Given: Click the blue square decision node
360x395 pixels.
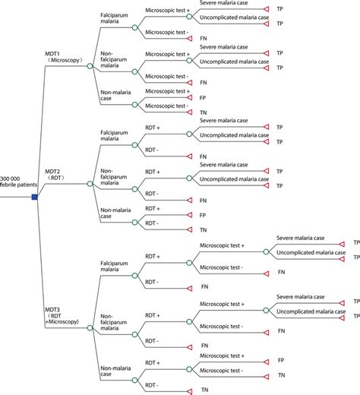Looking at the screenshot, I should tap(33, 197).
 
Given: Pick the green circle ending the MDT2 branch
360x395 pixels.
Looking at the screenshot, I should tap(90, 184).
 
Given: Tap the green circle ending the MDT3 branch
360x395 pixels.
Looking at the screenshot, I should tap(90, 329).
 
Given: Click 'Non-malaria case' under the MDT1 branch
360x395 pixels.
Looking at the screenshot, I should tap(114, 94).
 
